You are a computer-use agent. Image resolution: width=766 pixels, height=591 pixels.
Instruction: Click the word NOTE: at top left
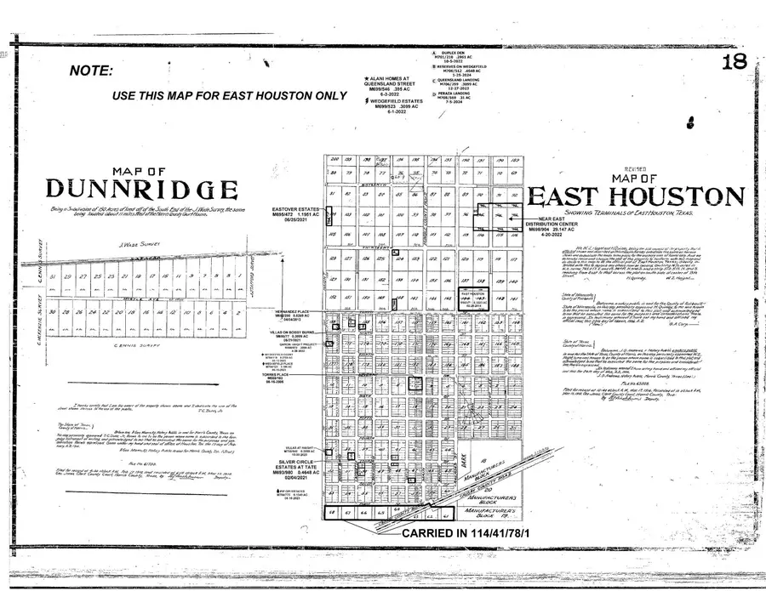(x=92, y=71)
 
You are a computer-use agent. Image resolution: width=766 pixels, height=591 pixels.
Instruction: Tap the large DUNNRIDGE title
(x=140, y=188)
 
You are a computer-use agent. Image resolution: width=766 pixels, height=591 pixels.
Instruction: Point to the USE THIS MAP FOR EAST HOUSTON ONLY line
(x=230, y=95)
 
